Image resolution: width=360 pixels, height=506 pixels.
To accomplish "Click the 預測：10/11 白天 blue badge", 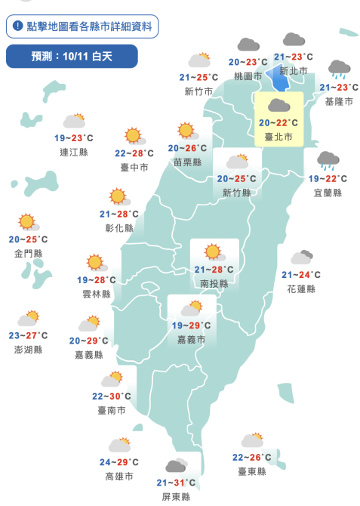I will click(72, 56).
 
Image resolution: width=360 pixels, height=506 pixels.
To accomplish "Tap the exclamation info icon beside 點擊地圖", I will click(17, 26).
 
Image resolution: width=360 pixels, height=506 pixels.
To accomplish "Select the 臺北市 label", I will click(279, 136).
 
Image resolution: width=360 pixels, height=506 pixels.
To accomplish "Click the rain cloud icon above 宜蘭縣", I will click(328, 160).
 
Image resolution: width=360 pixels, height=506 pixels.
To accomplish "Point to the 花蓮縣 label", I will click(301, 289).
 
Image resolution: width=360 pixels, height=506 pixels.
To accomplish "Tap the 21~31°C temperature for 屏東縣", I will click(176, 483).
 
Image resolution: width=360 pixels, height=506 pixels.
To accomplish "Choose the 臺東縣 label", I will click(251, 471).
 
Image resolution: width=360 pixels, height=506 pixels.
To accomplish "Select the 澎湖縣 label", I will click(28, 350).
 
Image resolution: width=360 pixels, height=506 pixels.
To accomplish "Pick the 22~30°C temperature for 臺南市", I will click(111, 396).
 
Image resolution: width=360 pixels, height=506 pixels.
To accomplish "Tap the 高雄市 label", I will click(119, 477).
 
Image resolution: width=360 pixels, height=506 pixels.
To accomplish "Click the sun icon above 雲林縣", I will click(94, 263).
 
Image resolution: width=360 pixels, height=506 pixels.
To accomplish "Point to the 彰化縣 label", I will click(118, 228).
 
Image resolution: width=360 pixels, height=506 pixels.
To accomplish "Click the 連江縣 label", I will click(74, 152).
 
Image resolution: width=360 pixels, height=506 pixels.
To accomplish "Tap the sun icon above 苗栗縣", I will click(186, 131).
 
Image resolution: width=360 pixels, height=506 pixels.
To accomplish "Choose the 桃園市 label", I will click(248, 76).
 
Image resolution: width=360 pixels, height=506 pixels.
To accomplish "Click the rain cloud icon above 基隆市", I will click(339, 69).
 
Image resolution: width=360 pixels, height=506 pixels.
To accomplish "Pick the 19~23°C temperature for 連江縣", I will click(74, 137).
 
